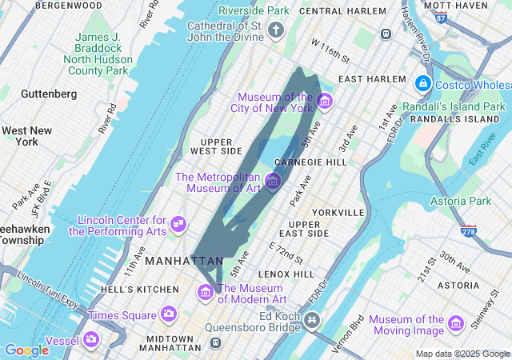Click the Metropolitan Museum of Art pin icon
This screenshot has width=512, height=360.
point(273,182)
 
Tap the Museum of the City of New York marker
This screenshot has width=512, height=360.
point(324,102)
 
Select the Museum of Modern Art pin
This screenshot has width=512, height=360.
point(206,293)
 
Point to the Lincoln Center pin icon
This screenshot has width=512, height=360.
point(178,225)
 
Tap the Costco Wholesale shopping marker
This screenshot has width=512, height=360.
point(422,83)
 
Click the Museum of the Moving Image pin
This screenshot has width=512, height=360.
point(456,323)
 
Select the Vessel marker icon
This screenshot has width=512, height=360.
point(91,340)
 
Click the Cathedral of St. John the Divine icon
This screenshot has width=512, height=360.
point(276,31)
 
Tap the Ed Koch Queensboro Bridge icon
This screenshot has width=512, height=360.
point(311,321)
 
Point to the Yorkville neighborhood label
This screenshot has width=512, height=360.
point(339,212)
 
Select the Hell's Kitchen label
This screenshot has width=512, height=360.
point(140,289)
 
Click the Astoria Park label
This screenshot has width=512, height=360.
point(461,201)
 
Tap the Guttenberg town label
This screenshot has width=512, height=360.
point(49,94)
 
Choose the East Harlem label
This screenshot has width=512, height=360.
point(367,79)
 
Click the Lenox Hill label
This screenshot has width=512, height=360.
point(286,274)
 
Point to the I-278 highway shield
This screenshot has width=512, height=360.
point(470,231)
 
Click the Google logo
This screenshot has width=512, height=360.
point(26,350)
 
